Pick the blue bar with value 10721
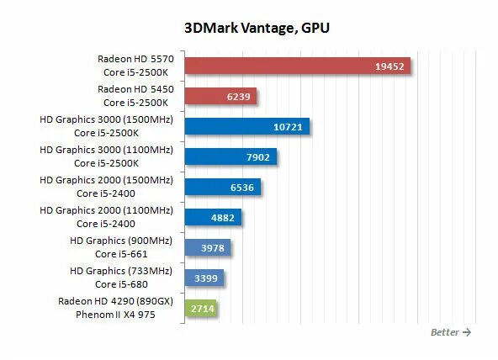[x=246, y=127]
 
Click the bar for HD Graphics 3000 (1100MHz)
[x=230, y=157]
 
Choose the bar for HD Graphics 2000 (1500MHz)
[x=223, y=188]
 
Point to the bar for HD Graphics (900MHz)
[x=207, y=247]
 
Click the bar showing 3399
[x=204, y=278]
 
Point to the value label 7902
[x=257, y=157]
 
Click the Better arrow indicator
[x=450, y=332]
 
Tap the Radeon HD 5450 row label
[x=135, y=89]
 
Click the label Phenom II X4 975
[x=135, y=315]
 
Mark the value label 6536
[x=242, y=188]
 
